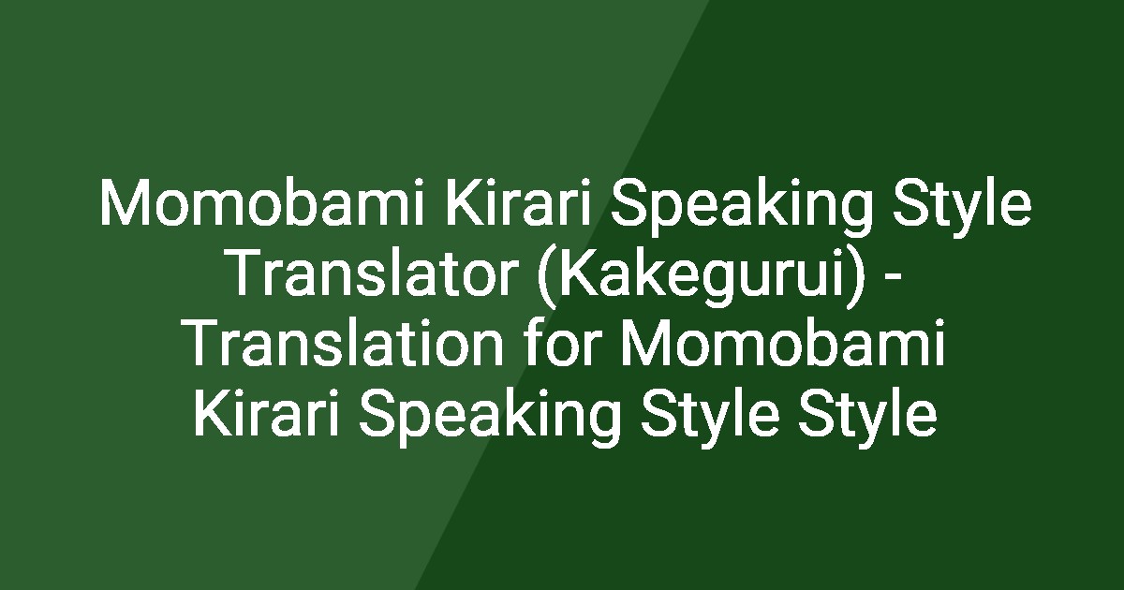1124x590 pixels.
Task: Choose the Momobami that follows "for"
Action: click(x=780, y=344)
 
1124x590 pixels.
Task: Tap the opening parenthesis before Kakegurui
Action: click(x=547, y=273)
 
